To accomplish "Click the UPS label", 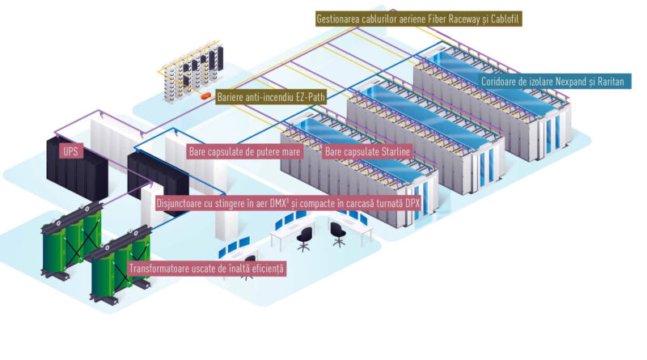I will (x=70, y=151).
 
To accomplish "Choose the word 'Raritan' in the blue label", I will (x=606, y=82).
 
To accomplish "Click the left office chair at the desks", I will (x=305, y=239).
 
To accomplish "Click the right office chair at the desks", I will (x=340, y=233).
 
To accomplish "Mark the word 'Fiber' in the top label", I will (x=452, y=17).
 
